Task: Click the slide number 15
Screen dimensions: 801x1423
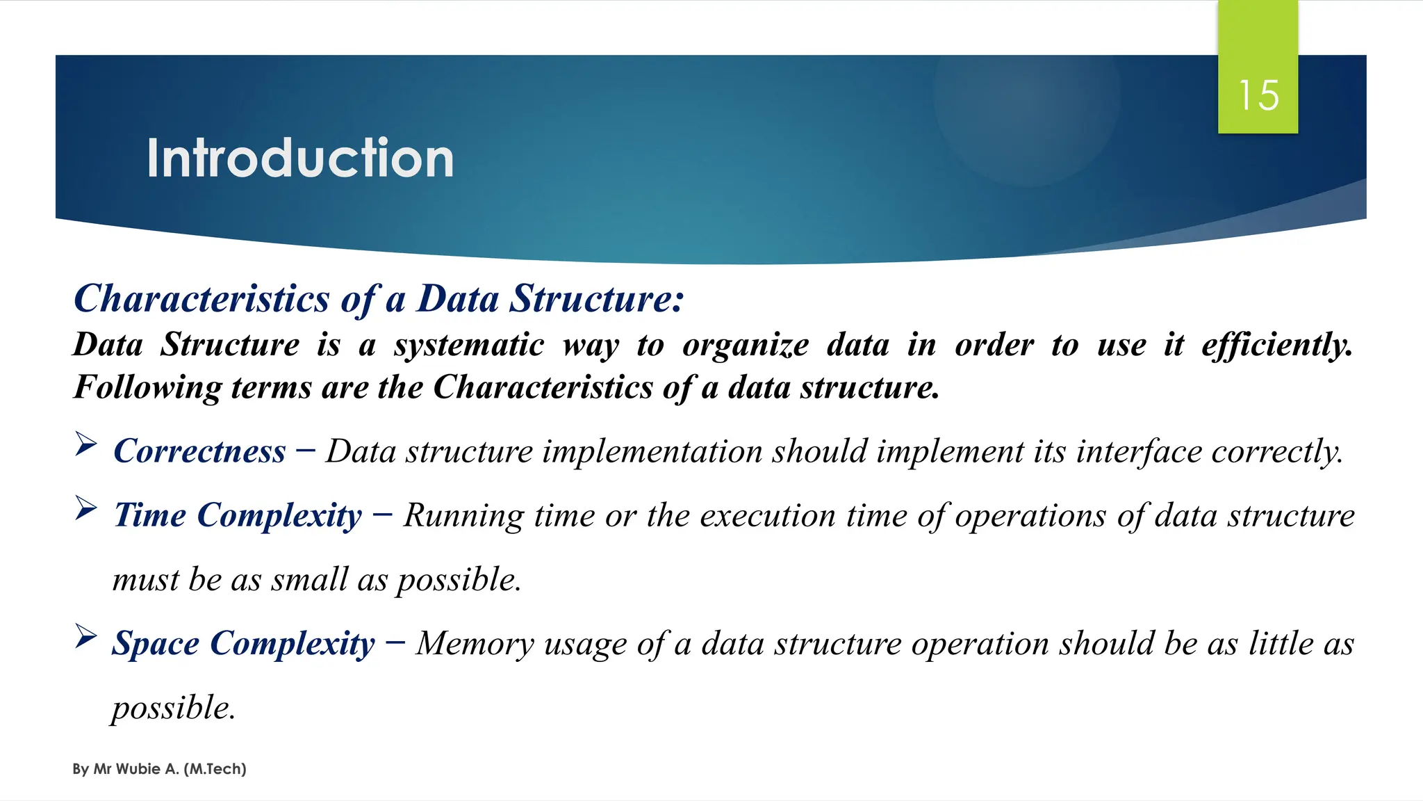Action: click(1258, 95)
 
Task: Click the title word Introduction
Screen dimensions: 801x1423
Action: click(300, 159)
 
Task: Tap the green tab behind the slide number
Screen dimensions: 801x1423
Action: click(1258, 42)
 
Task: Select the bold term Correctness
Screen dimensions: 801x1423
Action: click(199, 451)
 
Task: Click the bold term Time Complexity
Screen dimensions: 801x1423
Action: click(238, 516)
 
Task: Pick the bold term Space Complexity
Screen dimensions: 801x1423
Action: click(243, 644)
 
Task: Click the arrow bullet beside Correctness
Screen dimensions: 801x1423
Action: click(85, 444)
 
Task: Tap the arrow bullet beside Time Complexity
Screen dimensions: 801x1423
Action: click(85, 508)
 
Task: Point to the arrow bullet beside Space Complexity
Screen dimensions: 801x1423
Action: click(85, 636)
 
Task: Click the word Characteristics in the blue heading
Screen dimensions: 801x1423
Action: click(201, 299)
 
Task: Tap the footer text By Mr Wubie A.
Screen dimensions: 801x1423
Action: click(159, 769)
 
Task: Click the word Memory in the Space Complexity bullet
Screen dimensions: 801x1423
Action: click(475, 644)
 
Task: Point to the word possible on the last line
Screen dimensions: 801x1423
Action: click(172, 708)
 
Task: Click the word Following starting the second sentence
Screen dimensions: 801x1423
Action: click(147, 388)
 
